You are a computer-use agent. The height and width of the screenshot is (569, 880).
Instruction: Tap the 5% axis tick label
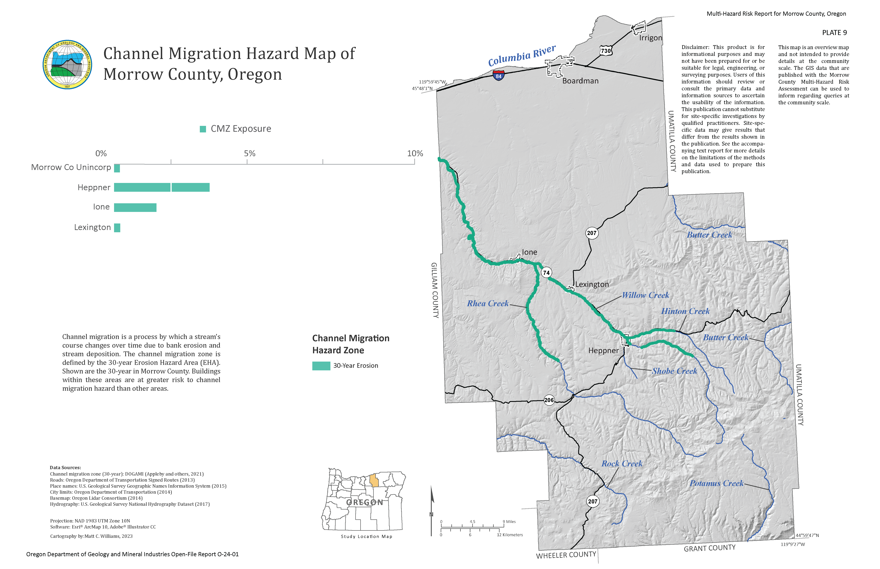click(250, 153)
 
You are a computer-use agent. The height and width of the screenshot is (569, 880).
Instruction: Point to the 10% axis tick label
click(415, 153)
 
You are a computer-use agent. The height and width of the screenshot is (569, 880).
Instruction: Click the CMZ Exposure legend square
click(203, 129)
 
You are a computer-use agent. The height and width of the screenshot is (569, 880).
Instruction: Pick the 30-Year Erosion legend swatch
click(321, 366)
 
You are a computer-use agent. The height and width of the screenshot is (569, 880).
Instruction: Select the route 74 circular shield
click(546, 273)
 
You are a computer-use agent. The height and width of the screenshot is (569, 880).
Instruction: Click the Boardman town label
click(580, 81)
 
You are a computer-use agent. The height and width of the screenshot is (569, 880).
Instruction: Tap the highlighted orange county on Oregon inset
click(374, 480)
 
